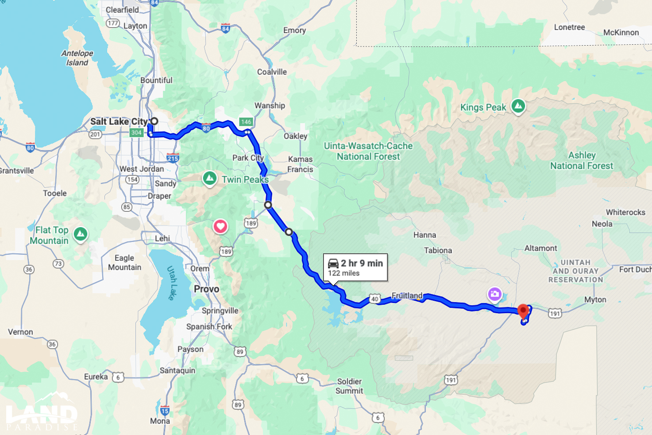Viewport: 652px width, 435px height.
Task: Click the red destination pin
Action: (x=523, y=311)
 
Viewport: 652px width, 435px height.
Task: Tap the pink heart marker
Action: (x=220, y=226)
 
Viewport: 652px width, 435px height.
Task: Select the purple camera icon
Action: (x=494, y=294)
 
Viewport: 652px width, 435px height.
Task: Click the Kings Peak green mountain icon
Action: (x=518, y=106)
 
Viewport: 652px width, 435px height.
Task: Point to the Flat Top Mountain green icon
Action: (x=81, y=233)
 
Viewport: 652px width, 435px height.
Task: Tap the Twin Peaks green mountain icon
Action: (x=209, y=178)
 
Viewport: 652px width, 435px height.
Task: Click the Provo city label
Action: (x=206, y=289)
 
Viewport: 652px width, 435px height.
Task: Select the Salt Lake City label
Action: (x=119, y=121)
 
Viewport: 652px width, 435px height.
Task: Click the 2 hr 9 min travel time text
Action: (x=362, y=263)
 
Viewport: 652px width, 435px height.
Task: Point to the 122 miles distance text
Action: (x=344, y=273)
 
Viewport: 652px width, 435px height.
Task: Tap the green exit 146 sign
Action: (x=246, y=122)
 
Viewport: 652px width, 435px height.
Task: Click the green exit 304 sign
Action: (x=136, y=132)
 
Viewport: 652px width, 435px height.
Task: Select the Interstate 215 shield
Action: (x=173, y=158)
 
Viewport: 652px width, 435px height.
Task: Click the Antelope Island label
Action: (x=77, y=58)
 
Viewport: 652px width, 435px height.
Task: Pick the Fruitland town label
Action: (x=407, y=295)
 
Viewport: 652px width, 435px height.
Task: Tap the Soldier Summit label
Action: (x=349, y=386)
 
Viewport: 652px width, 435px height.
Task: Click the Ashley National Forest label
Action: (x=582, y=160)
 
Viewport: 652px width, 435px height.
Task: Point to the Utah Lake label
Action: (x=172, y=283)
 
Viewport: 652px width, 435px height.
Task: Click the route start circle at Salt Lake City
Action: (x=154, y=121)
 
